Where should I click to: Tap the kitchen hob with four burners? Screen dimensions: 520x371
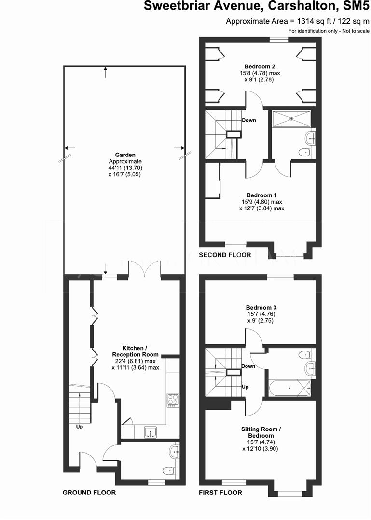click(172, 400)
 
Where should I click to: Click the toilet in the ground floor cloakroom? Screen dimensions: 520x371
click(167, 470)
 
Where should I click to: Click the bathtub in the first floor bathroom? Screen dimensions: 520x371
click(289, 388)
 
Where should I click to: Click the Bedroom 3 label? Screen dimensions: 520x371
click(261, 307)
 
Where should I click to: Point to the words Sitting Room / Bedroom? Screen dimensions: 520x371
click(261, 431)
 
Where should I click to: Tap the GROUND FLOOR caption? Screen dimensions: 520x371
click(89, 493)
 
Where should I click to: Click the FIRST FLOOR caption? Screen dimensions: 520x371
click(220, 493)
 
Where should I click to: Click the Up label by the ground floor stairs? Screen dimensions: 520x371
click(79, 426)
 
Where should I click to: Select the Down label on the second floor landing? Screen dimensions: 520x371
click(249, 120)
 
